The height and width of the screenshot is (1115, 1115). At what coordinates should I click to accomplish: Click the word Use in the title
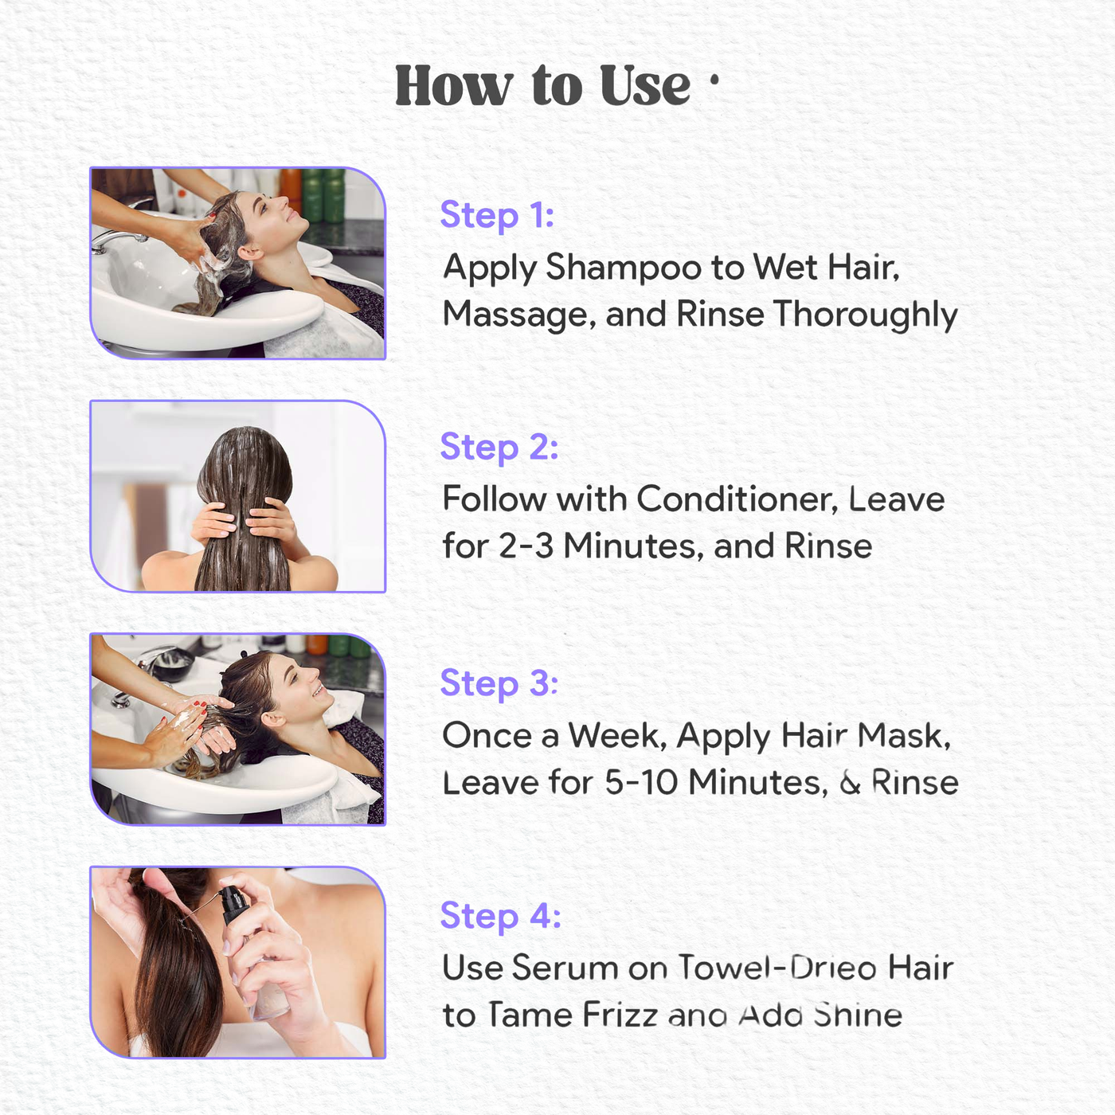click(644, 86)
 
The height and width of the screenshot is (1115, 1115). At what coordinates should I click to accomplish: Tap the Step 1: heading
click(497, 215)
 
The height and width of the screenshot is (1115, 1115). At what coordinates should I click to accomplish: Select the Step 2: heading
click(499, 448)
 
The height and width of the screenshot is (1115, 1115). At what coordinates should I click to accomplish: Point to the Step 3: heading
click(499, 683)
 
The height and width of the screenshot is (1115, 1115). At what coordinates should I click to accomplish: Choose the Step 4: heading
click(500, 916)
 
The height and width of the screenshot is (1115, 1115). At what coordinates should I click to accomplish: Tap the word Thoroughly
click(866, 315)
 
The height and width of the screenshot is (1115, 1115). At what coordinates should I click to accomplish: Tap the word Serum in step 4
click(565, 968)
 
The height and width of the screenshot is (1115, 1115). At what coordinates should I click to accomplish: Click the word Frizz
click(620, 1015)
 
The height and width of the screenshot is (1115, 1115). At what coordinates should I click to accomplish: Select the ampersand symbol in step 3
click(850, 784)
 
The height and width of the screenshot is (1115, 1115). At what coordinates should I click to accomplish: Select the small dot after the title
click(714, 80)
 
